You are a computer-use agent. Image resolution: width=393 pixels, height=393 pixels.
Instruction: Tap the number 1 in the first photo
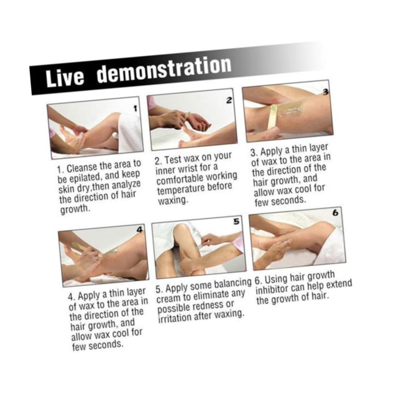coord(135,109)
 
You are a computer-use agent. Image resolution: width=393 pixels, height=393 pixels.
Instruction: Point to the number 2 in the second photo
coord(230,100)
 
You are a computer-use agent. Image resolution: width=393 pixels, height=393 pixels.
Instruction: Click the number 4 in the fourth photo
coord(140,230)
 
